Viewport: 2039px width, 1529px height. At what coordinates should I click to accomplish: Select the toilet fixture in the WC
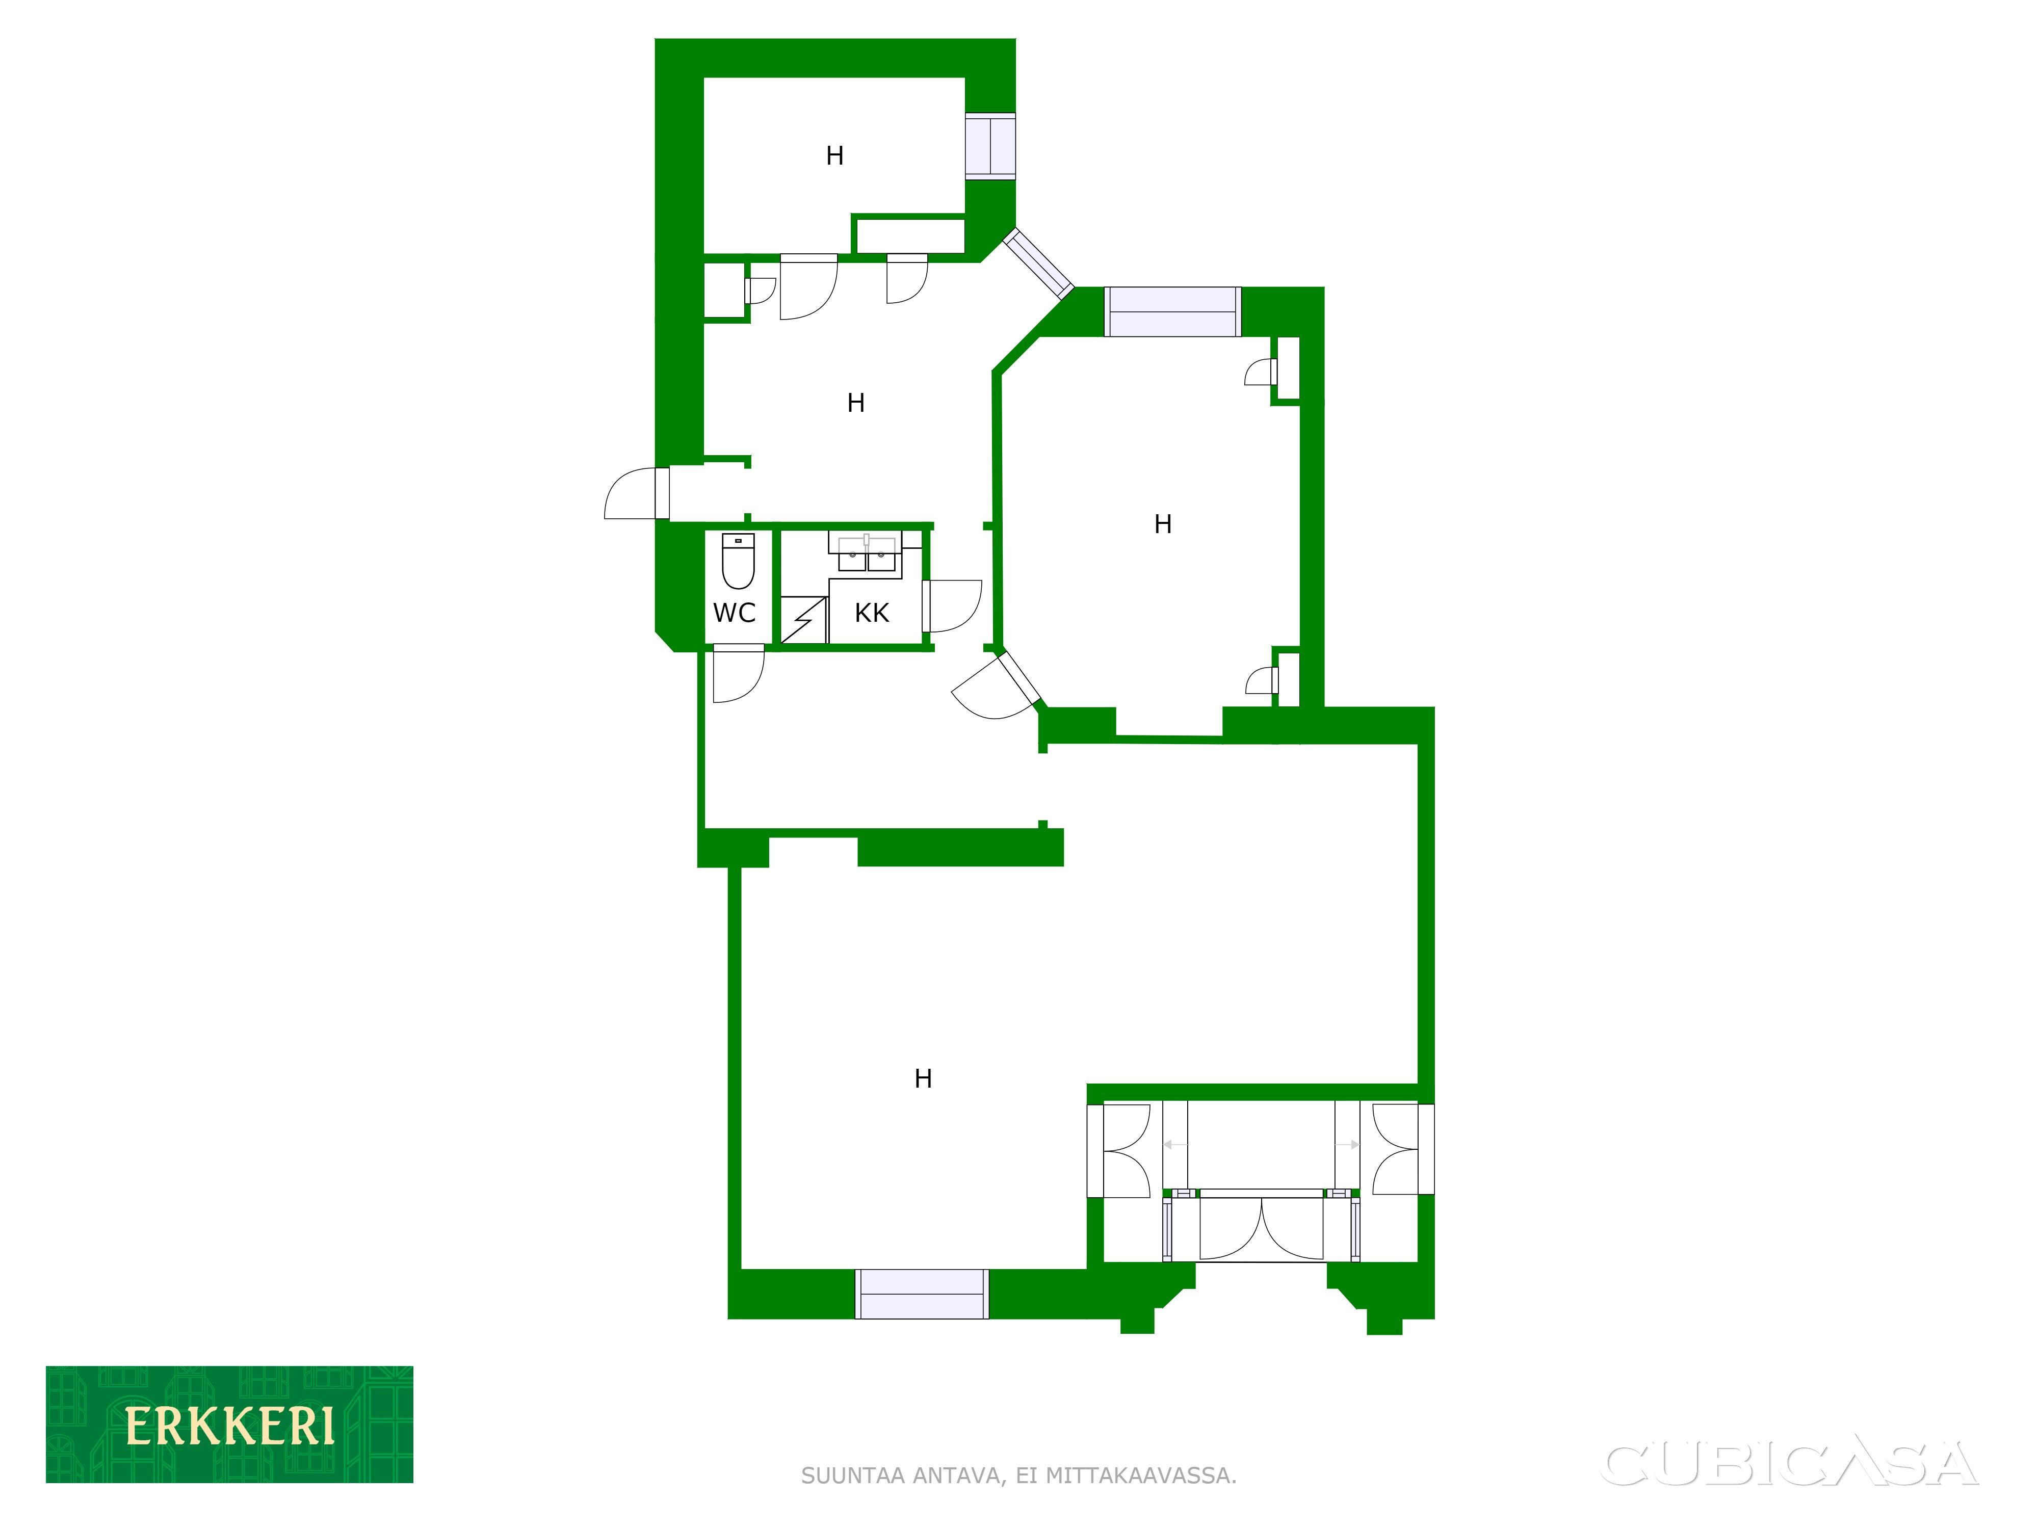pyautogui.click(x=738, y=560)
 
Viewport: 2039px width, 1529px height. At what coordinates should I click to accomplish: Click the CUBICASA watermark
pyautogui.click(x=1792, y=1464)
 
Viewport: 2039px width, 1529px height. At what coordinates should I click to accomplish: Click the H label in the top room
pyautogui.click(x=835, y=156)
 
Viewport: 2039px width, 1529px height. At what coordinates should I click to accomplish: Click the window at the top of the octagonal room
pyautogui.click(x=1172, y=311)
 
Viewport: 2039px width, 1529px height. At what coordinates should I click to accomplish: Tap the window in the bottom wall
pyautogui.click(x=922, y=1294)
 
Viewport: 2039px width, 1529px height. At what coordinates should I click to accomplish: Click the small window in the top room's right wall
pyautogui.click(x=990, y=146)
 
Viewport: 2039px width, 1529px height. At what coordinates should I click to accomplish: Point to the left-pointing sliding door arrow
pyautogui.click(x=1174, y=1145)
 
